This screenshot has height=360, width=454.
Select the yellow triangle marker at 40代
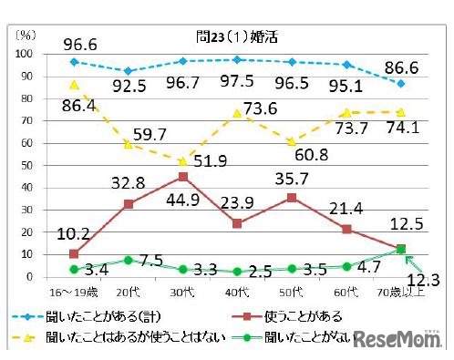[x=237, y=113]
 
